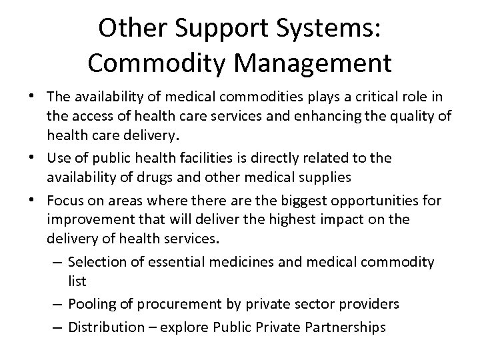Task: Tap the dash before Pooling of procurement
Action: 57,303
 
